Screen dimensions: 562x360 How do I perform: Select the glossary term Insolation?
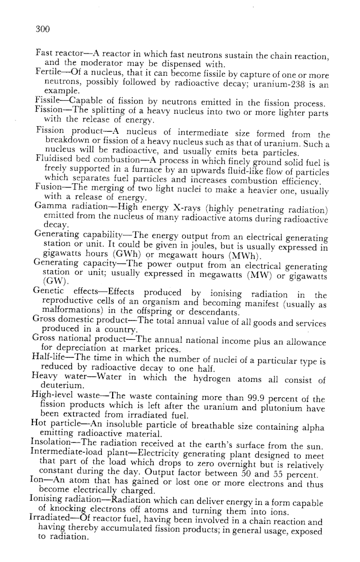53,445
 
